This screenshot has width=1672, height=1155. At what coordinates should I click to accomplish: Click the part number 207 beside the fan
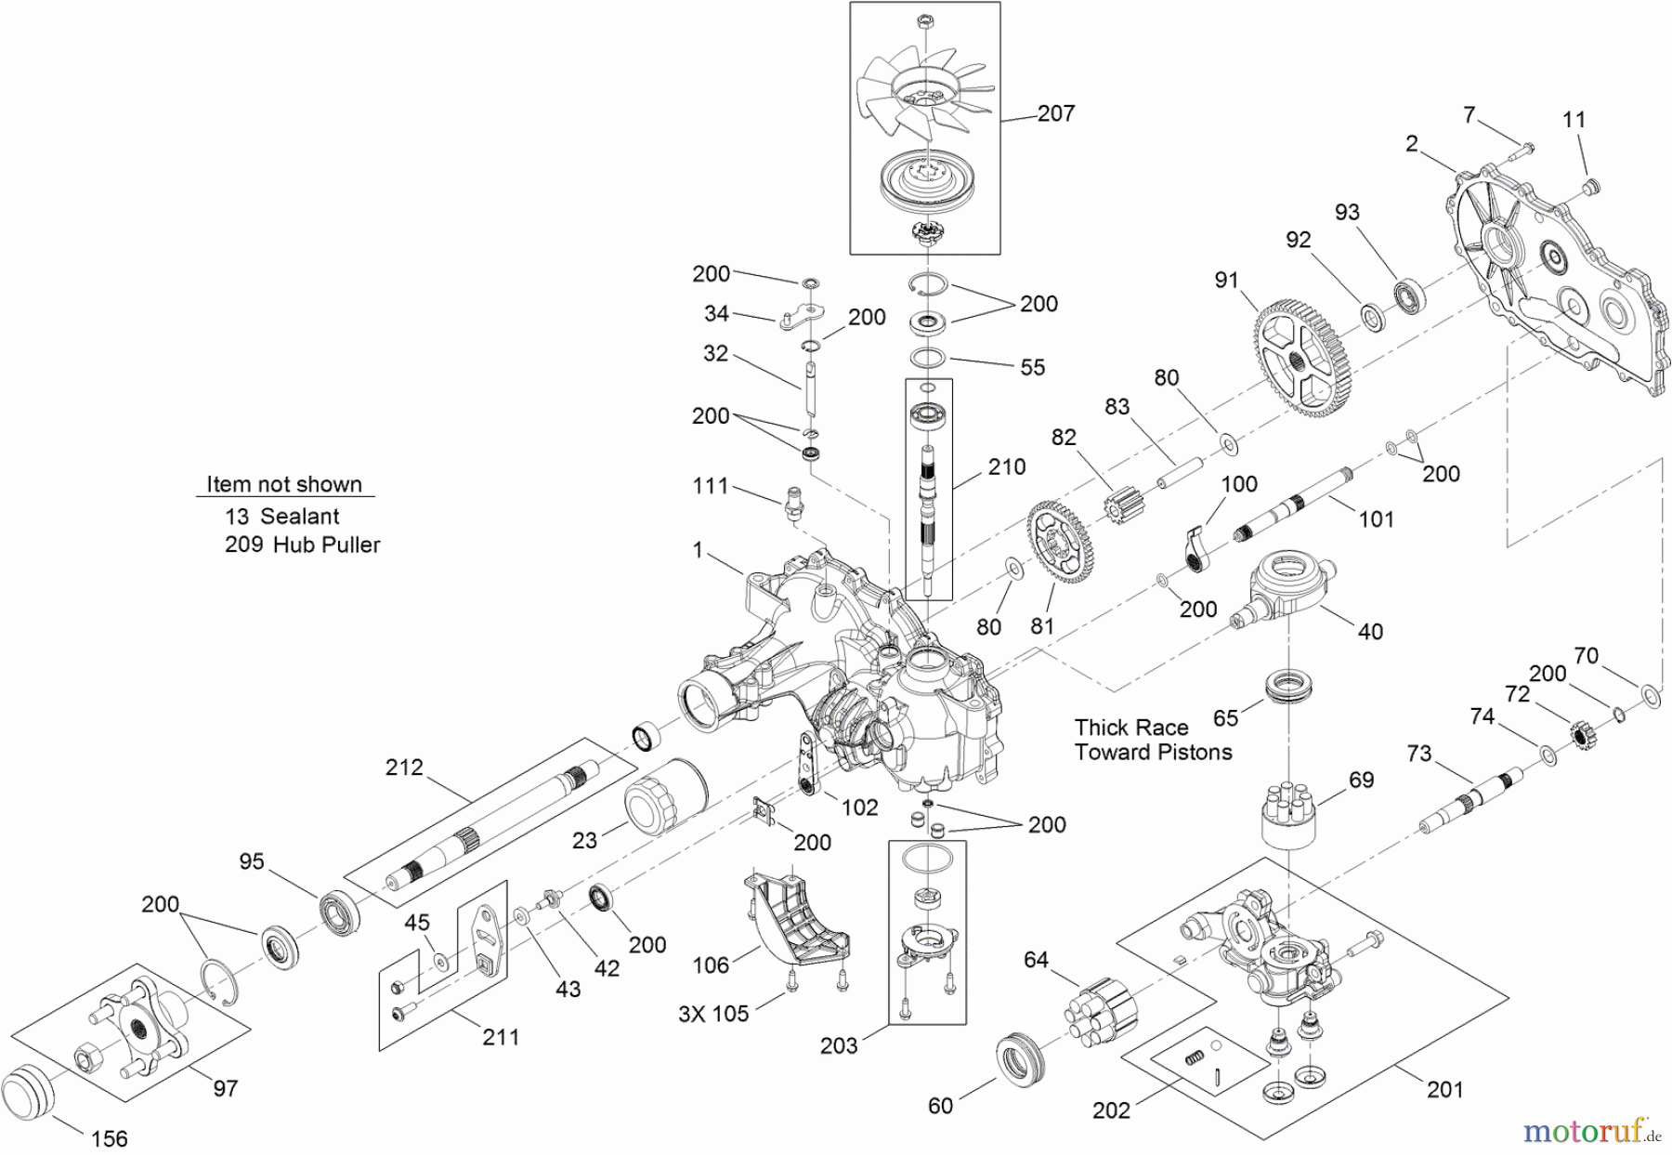[1056, 113]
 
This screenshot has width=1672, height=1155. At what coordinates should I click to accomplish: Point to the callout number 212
[404, 768]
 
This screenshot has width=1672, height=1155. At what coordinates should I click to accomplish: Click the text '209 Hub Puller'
[303, 545]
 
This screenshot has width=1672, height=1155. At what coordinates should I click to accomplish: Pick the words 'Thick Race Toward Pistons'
[1153, 740]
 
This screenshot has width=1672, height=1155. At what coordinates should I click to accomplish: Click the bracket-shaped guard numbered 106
[795, 915]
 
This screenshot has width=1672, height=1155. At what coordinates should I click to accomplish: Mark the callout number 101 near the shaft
[1376, 519]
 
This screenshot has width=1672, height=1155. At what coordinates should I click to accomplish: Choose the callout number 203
[838, 1046]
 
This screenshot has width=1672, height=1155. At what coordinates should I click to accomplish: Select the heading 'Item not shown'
[283, 484]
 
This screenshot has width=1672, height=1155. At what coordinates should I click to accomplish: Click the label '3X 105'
[712, 1014]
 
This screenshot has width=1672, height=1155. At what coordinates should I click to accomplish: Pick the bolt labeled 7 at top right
[1523, 148]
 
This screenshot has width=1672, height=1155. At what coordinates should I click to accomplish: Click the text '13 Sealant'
[282, 517]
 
